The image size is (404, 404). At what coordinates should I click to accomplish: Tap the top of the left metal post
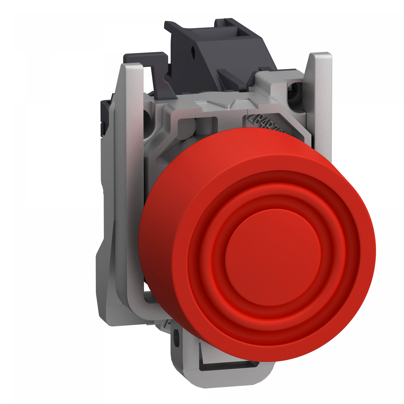(132, 67)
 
